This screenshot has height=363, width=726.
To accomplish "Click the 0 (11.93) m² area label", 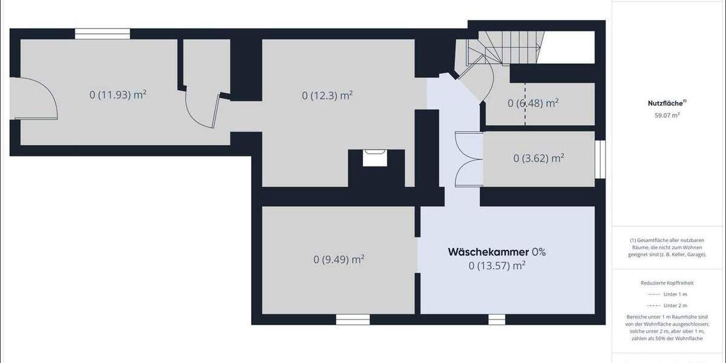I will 118,94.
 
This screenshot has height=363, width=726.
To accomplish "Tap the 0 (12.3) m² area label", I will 327,95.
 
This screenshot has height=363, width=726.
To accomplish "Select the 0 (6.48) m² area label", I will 532,103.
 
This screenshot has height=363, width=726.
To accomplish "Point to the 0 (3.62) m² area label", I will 538,158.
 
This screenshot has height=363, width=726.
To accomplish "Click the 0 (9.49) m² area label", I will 339,260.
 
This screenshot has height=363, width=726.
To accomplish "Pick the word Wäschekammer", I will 488,252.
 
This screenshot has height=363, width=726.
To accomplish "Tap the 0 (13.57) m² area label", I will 497,265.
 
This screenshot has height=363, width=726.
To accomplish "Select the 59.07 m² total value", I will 665,114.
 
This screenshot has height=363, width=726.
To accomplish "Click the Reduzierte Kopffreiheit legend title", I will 666,283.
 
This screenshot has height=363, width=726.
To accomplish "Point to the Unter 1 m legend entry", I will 675,294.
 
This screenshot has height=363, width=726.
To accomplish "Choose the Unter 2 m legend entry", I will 675,306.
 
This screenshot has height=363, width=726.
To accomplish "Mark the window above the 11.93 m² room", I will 102,34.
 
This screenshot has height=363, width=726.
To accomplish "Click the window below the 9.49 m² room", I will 352,319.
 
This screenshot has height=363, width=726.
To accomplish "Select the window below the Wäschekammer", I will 497,319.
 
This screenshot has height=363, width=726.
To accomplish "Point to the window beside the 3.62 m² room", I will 600,160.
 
